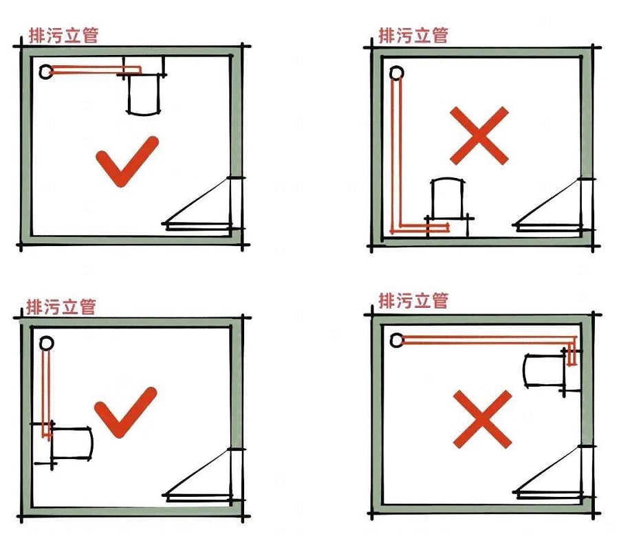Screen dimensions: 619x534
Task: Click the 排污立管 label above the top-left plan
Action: pos(63,36)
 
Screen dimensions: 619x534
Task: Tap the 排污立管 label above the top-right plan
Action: pos(413,36)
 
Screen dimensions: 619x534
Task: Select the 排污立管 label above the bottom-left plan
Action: pos(61,307)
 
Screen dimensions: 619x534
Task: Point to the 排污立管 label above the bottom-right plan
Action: pos(413,301)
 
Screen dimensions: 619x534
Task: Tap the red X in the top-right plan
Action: pos(479,135)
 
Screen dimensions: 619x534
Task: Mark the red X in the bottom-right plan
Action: pos(482,419)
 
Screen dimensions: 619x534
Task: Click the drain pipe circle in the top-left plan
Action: pos(46,71)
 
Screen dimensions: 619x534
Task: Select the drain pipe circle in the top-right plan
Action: pos(397,73)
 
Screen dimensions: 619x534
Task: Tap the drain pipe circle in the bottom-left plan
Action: pos(47,344)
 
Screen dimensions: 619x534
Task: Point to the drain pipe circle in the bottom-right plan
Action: pos(397,340)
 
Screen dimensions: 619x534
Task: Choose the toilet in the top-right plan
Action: pos(448,208)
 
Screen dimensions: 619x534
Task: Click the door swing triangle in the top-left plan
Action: pos(197,204)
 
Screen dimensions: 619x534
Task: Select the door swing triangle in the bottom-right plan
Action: pos(549,471)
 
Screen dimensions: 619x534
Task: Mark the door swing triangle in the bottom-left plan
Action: pos(197,475)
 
